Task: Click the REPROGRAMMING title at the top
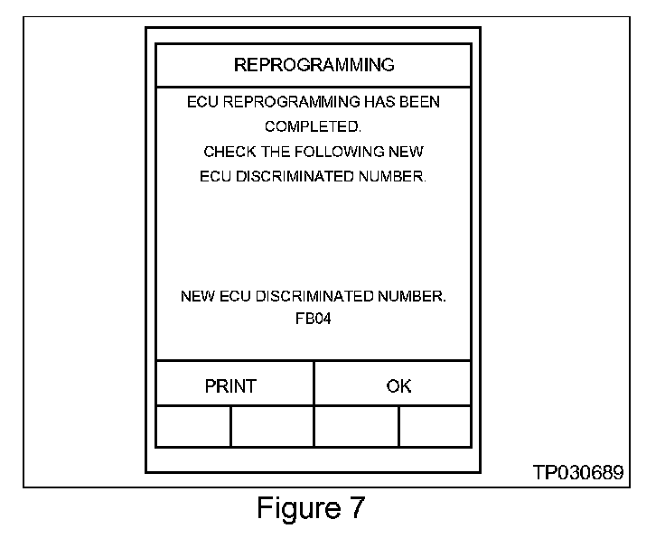[314, 65]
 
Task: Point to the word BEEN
[419, 102]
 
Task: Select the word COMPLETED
[314, 127]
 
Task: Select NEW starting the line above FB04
[198, 296]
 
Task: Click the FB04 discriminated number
[313, 320]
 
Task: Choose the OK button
[398, 386]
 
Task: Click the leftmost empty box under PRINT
[193, 427]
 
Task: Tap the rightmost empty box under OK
[435, 427]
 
